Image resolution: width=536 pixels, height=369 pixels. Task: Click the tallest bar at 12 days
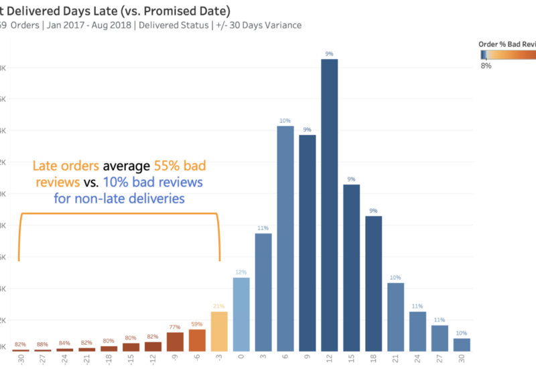coord(329,205)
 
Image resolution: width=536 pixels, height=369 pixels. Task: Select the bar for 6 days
coord(285,238)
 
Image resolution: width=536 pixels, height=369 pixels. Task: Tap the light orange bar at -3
coord(219,331)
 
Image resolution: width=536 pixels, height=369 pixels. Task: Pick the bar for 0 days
coord(241,314)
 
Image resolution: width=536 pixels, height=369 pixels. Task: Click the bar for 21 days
coord(395,317)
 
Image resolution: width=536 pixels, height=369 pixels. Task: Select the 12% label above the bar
coord(241,272)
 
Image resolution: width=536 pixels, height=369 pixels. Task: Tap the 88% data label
coord(43,345)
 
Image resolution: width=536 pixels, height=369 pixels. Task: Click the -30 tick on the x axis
coord(22,359)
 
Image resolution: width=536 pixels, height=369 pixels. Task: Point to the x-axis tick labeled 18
coord(373,359)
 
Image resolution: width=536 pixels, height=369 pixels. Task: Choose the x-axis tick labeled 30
coord(461,359)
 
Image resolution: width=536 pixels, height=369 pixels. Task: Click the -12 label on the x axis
coord(153,359)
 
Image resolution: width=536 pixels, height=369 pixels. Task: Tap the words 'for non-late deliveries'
coord(119,199)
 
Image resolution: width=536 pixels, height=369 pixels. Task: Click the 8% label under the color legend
coord(486,66)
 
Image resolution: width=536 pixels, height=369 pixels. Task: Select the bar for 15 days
coord(351,268)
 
